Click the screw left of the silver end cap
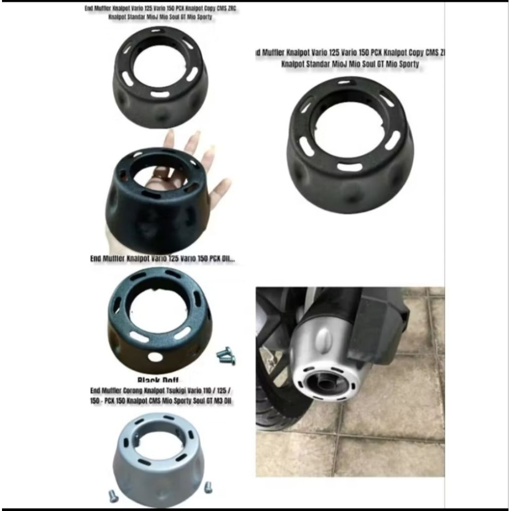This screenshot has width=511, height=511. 113,496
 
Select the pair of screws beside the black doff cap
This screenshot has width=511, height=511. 226,355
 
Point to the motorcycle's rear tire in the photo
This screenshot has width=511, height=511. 272,399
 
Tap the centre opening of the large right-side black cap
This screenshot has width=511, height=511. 349,131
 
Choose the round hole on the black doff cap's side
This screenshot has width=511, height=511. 155,357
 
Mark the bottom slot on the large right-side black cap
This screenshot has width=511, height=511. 350,167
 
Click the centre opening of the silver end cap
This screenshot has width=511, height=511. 159,444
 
